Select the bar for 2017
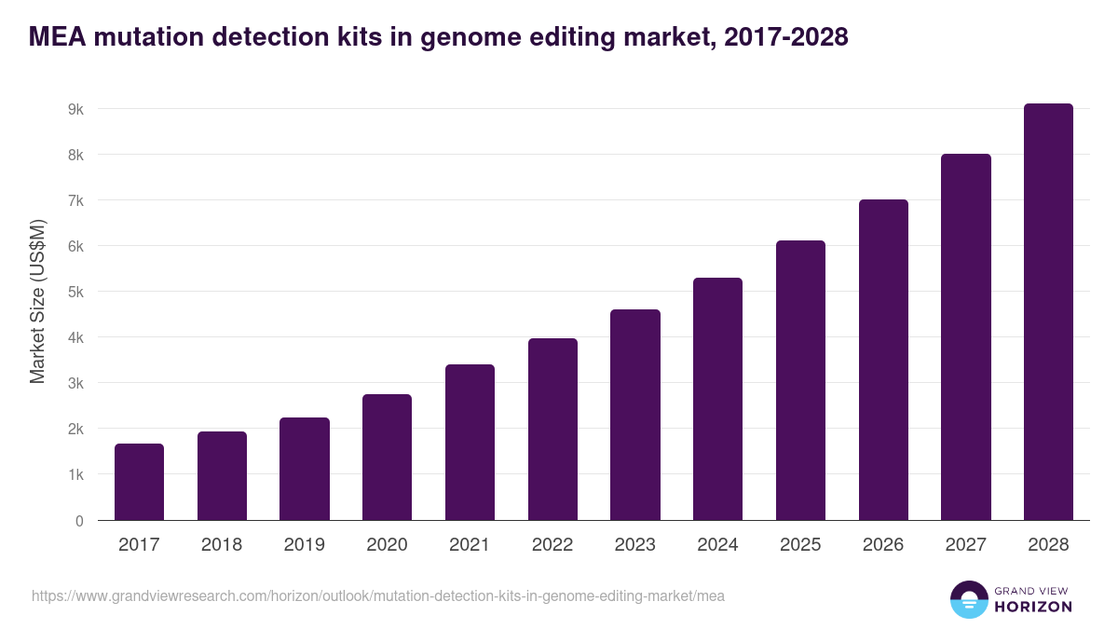coord(139,482)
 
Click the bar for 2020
coord(387,457)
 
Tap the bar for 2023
coord(635,415)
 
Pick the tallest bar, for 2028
coord(1048,312)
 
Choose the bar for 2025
coord(800,380)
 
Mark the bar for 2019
coord(304,469)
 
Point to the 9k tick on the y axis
coord(75,109)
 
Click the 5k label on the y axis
coord(75,292)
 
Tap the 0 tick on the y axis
coord(79,521)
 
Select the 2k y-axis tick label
coord(75,429)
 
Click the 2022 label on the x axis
coord(552,545)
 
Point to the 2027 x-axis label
coord(965,545)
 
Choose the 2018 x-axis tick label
coord(222,545)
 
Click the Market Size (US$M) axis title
coord(37,301)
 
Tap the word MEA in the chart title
coord(59,36)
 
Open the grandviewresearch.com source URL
coord(377,595)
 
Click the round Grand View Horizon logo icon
coord(968,599)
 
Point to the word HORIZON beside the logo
coord(1032,607)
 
